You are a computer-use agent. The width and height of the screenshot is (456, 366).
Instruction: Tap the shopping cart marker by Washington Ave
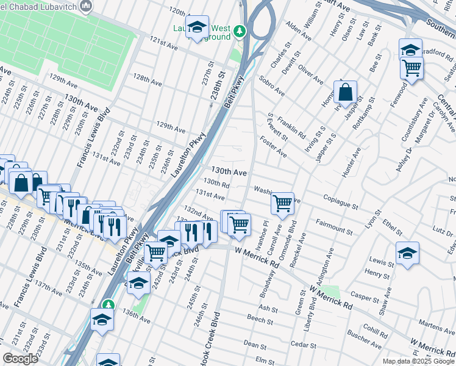pyautogui.click(x=282, y=204)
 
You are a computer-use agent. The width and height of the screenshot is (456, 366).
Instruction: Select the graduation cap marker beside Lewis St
pyautogui.click(x=407, y=253)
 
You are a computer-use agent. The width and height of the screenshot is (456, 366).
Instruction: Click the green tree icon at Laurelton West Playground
pyautogui.click(x=241, y=30)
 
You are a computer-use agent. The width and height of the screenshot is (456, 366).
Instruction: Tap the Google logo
pyautogui.click(x=20, y=359)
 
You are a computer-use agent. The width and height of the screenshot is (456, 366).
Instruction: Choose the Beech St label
pyautogui.click(x=260, y=318)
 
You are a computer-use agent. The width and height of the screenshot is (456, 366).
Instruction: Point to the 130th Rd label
pyautogui.click(x=216, y=182)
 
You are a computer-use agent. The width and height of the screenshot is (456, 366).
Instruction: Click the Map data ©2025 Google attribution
pyautogui.click(x=418, y=361)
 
